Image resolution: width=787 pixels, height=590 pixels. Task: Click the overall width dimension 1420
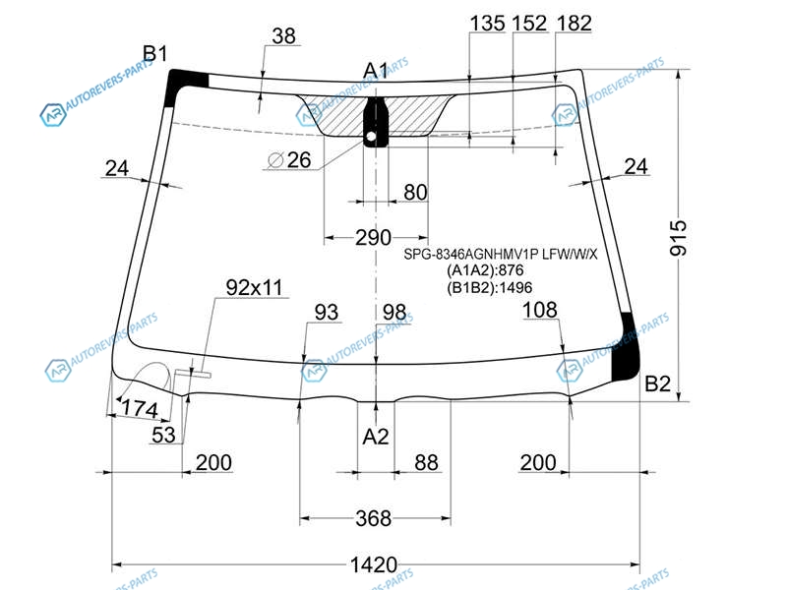coord(374,564)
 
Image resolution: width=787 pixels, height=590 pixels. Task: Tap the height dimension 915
coord(678,238)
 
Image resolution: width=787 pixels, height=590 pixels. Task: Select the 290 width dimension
coord(373,237)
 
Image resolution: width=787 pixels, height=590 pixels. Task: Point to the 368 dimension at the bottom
coord(373,518)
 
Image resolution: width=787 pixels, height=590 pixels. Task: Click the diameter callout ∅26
coord(289,160)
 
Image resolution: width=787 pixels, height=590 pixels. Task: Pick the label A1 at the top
coord(376,71)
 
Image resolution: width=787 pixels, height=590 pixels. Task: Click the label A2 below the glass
coord(376,437)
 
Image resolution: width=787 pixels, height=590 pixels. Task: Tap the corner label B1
coord(155,53)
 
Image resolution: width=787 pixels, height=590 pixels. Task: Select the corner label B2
coord(657,383)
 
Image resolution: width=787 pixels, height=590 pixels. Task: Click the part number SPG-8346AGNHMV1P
coord(471,255)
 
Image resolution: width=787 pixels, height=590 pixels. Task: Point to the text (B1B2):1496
coord(489,287)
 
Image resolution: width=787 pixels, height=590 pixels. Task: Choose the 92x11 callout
coord(254,287)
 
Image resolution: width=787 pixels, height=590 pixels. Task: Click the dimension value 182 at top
coord(575,23)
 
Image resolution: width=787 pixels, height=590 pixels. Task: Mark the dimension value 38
coord(283,35)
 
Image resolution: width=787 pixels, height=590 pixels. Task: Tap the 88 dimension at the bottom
coord(426,462)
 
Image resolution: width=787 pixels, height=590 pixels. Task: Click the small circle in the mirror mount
coord(371,136)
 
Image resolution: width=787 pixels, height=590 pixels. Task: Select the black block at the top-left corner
coord(184,87)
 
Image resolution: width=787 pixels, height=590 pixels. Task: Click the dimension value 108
coord(539,310)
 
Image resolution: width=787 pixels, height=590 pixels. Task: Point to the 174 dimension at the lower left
coord(140,408)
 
